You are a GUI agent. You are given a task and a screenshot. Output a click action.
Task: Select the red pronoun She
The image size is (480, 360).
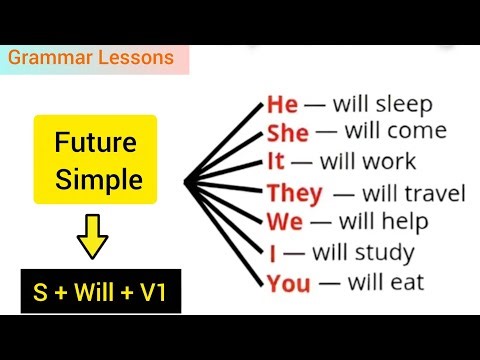288,133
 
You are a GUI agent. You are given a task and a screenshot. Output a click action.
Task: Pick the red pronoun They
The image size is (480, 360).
294,193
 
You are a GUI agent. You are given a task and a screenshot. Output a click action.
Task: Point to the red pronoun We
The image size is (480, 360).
285,221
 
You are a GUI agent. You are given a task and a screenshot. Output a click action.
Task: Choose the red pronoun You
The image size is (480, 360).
289,283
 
